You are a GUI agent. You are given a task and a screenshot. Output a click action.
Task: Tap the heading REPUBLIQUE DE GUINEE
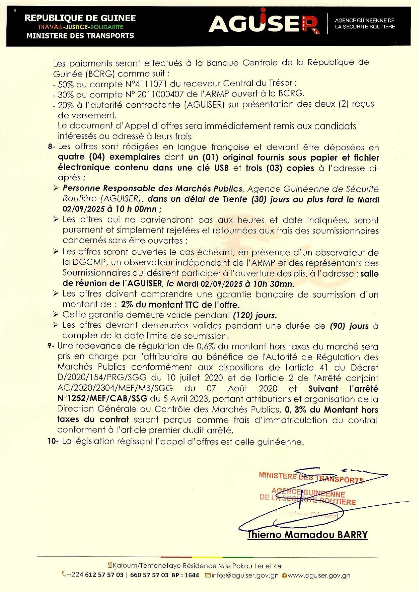pos(80,18)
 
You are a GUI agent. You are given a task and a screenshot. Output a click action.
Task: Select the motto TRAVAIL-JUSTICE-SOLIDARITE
pos(80,27)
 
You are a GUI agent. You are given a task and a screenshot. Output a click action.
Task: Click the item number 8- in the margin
pos(51,147)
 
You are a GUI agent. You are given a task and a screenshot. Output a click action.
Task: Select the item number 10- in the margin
pos(53,441)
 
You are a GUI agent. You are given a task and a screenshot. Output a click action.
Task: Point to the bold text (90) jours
pos(349,326)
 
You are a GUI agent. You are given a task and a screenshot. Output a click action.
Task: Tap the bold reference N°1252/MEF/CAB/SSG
pos(102,399)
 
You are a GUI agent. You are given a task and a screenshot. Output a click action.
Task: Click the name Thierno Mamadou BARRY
pos(307,535)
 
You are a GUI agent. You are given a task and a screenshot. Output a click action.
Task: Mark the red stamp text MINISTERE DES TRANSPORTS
pos(311,478)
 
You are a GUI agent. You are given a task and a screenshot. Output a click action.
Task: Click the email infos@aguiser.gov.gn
pos(245,575)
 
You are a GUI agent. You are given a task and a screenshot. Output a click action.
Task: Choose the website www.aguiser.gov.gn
pos(318,575)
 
